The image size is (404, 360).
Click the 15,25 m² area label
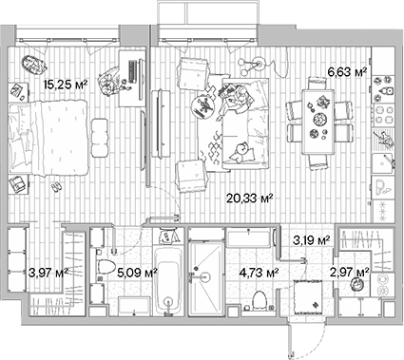[66, 85]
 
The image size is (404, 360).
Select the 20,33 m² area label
[250, 199]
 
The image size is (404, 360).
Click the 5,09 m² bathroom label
[137, 272]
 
